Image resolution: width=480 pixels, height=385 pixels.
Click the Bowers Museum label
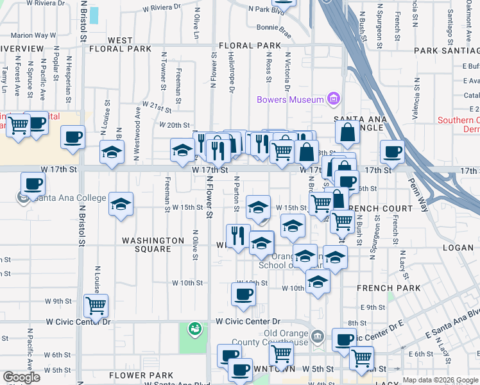(290, 99)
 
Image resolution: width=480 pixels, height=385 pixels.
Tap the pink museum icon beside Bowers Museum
(333, 99)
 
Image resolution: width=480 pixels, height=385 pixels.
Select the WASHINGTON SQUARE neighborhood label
(153, 244)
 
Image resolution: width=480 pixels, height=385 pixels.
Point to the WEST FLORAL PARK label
(121, 44)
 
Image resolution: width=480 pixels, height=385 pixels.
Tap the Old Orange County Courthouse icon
(317, 337)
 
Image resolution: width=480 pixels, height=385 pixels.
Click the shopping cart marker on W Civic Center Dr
(96, 305)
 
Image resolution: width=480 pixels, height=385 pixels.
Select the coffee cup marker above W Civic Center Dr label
(243, 295)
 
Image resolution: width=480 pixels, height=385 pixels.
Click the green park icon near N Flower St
(194, 329)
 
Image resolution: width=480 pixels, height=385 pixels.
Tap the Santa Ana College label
(71, 198)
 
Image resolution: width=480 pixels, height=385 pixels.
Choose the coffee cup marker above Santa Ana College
(33, 184)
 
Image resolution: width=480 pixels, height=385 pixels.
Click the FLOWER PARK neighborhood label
(141, 375)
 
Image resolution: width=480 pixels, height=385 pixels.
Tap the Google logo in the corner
(21, 377)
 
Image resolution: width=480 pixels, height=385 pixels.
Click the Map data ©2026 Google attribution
(441, 380)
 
